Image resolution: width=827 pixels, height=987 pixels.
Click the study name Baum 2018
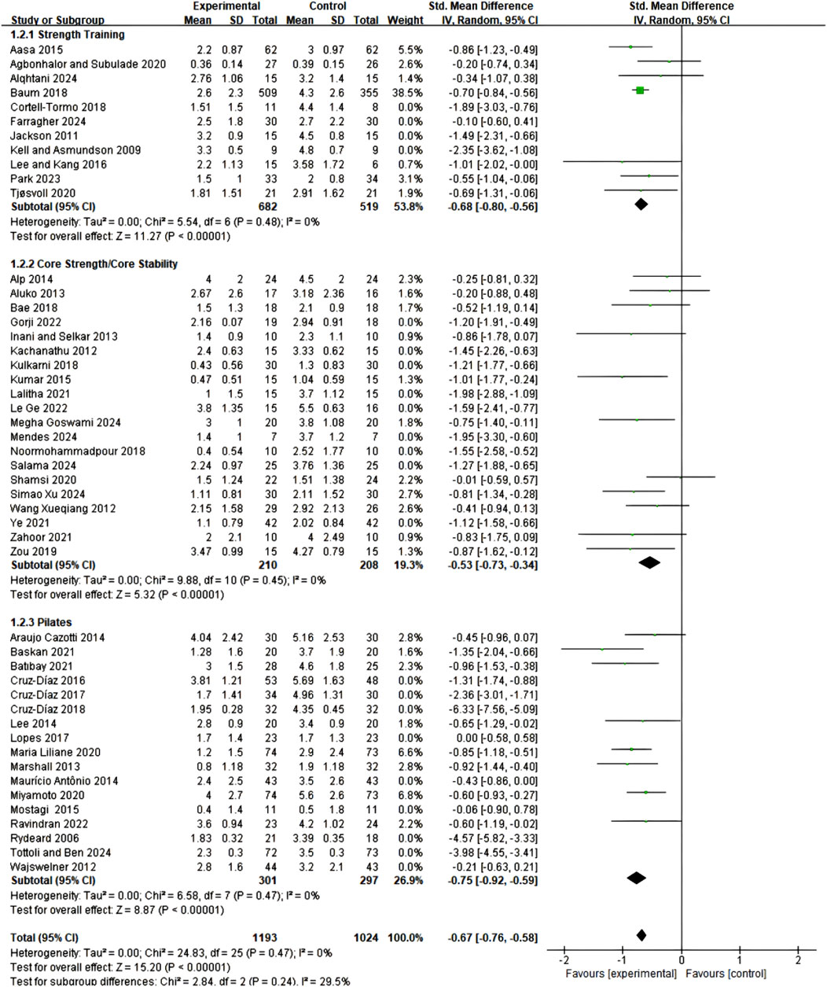click(x=35, y=93)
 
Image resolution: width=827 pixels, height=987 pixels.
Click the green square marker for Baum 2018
click(x=640, y=91)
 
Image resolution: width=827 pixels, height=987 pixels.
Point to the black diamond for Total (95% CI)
click(x=641, y=935)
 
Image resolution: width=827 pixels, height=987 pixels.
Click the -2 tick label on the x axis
click(x=563, y=962)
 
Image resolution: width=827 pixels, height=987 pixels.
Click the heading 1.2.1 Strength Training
click(x=68, y=35)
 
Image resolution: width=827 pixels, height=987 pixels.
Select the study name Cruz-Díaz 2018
click(x=48, y=709)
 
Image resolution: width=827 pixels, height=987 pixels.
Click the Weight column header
click(x=406, y=20)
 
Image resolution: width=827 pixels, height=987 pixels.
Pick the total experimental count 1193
click(x=264, y=937)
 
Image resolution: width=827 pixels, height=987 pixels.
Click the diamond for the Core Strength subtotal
click(x=650, y=562)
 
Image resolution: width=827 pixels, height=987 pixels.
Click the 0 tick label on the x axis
click(x=681, y=962)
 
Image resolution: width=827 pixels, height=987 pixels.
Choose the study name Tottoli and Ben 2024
click(x=61, y=853)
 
